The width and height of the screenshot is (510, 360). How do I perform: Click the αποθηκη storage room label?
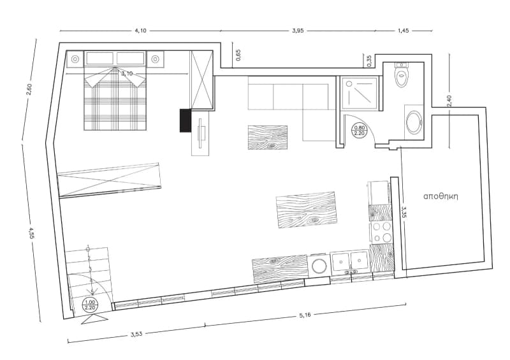point(441,196)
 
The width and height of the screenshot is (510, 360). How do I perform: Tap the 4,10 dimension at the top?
point(140,31)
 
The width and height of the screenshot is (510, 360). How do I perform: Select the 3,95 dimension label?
point(298,31)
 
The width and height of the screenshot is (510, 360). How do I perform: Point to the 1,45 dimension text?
point(404,31)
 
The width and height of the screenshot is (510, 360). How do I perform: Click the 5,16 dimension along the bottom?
point(305,315)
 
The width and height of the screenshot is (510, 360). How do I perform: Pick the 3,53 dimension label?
point(136,334)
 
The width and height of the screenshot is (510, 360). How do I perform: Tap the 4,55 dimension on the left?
point(31,233)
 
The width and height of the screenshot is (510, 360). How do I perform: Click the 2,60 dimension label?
point(29,90)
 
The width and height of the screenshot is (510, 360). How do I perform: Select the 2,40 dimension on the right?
point(449,101)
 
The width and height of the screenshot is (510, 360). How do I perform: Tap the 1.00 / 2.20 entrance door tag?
point(90,305)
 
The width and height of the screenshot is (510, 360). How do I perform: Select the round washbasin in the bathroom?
point(414,122)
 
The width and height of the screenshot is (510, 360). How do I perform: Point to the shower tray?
point(360,92)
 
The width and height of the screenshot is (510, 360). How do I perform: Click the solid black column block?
point(186,120)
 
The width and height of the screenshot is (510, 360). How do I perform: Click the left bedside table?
point(75,59)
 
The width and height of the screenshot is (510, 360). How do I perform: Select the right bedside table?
point(156,59)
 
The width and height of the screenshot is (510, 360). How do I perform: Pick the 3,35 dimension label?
point(404,212)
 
